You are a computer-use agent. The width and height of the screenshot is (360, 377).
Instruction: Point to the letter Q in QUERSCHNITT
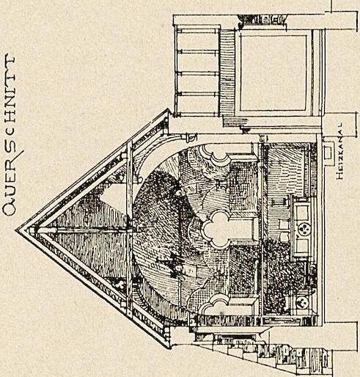coord(9,209)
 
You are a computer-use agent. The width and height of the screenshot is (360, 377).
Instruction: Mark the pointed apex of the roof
coord(16,230)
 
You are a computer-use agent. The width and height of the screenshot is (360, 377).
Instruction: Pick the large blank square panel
coord(273,73)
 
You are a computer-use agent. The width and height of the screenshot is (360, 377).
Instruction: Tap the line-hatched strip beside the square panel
coord(227,73)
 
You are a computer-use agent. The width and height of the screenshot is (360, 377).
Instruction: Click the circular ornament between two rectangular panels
coord(304,230)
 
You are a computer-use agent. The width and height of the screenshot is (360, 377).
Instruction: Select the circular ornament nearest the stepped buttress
coord(302,303)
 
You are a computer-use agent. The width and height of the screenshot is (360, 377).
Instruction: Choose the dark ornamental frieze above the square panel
coord(262,19)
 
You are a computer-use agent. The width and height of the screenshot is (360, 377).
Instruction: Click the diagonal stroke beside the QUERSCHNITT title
coord(20,155)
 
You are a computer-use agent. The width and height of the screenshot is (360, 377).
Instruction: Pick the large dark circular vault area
coord(171,230)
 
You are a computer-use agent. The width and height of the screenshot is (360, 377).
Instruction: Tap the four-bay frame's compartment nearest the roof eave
coord(197,103)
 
